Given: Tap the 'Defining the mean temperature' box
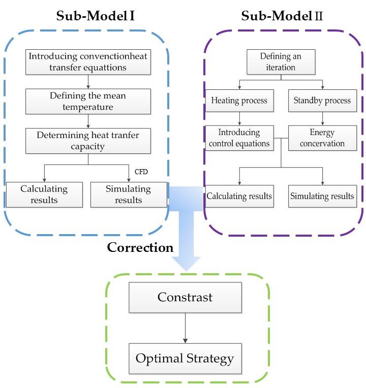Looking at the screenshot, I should [x=88, y=102].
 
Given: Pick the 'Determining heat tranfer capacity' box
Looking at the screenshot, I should [x=88, y=141].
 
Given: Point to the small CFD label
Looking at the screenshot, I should [x=141, y=172].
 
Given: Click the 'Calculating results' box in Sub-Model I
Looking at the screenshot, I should [x=44, y=195].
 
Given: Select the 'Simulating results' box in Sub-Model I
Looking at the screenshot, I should [x=129, y=195].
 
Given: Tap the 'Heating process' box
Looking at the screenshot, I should [x=239, y=100].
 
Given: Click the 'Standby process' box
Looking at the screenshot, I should [x=322, y=100].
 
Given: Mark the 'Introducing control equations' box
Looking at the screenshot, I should [x=239, y=138].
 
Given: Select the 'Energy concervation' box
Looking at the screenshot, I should [x=322, y=138].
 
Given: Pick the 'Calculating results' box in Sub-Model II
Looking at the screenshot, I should [x=239, y=196].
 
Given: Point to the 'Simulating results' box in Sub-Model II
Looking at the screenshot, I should [x=322, y=196].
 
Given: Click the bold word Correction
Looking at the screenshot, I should [x=140, y=248].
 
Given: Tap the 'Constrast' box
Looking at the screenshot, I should [x=185, y=298].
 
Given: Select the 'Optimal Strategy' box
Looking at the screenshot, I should [x=185, y=359].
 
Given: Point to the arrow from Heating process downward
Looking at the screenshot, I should [x=239, y=118].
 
